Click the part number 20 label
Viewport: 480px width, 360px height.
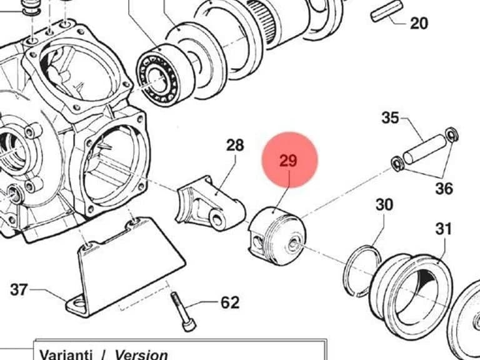[419, 23]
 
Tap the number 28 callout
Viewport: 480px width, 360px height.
[235, 146]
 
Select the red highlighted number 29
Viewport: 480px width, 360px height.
[288, 161]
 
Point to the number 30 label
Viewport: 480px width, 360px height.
[384, 204]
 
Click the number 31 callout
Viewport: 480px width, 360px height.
[444, 229]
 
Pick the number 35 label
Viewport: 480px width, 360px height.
[391, 117]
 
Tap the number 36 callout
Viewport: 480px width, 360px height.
[444, 188]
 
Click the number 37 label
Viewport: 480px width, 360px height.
[19, 289]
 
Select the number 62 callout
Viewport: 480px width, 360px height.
[230, 302]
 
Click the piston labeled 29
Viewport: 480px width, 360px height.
[277, 236]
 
